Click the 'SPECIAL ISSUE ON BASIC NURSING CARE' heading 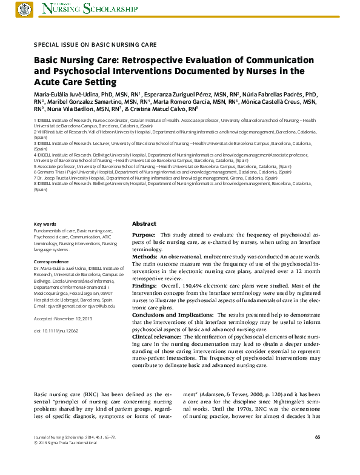[x=95, y=44]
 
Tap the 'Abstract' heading [x=144, y=224]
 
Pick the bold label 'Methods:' [x=145, y=257]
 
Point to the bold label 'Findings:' [x=145, y=285]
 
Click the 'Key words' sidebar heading [x=45, y=224]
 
